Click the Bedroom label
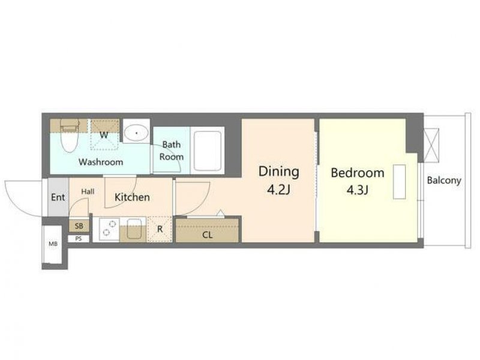point(357,173)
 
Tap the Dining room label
point(279,172)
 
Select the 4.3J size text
point(357,190)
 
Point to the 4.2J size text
point(278,190)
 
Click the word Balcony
point(444,181)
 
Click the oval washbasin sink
point(136,133)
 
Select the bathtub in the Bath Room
point(208,151)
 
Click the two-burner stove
point(109,229)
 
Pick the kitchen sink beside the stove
point(134,229)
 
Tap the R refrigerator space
point(160,229)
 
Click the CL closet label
point(207,235)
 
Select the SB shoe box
point(79,226)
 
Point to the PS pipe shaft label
point(79,238)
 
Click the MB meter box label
point(53,244)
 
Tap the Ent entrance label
point(58,197)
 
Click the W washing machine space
point(104,134)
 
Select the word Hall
point(88,191)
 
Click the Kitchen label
point(132,197)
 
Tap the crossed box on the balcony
point(431,145)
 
